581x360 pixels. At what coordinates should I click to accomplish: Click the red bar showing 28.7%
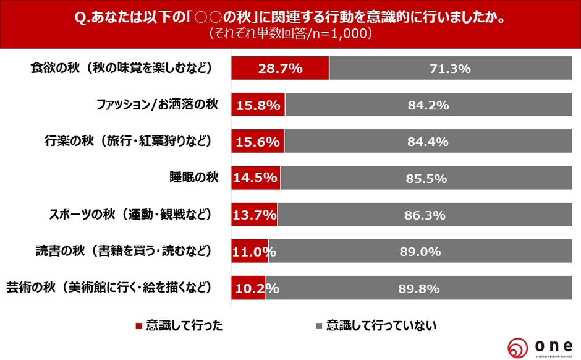[280, 68]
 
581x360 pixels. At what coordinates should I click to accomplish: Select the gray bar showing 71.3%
[451, 68]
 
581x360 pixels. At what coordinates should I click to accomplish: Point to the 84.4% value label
[428, 142]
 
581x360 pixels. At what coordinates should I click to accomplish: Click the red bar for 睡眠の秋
[255, 178]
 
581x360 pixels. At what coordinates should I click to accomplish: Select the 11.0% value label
[253, 251]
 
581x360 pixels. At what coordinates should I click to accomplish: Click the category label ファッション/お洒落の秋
[157, 105]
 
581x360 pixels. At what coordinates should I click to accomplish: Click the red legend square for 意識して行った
[138, 325]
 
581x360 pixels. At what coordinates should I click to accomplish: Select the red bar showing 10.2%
[248, 288]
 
